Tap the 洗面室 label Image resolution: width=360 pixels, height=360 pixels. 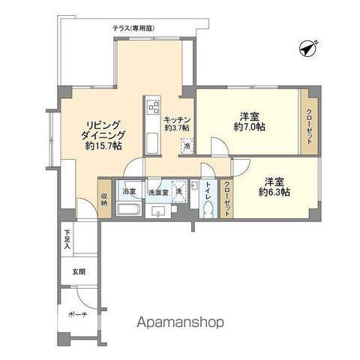pos(157,192)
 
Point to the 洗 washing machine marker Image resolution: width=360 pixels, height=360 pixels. pos(179,192)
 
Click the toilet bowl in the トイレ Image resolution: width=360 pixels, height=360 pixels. pos(206,211)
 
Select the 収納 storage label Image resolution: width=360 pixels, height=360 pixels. pos(104,199)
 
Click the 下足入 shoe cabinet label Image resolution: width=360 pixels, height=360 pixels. pos(66,241)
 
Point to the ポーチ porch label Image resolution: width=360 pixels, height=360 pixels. pos(79,315)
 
